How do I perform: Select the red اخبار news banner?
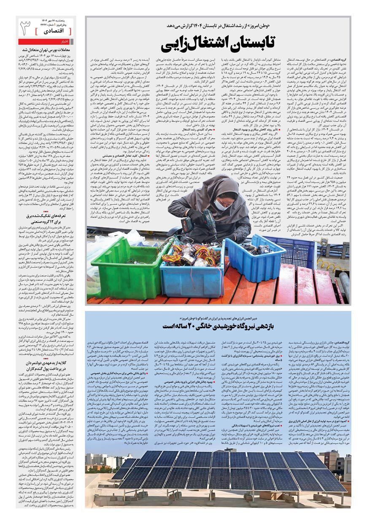[47, 42]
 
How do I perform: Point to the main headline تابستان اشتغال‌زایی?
[217, 44]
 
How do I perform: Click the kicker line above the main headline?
[217, 26]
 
